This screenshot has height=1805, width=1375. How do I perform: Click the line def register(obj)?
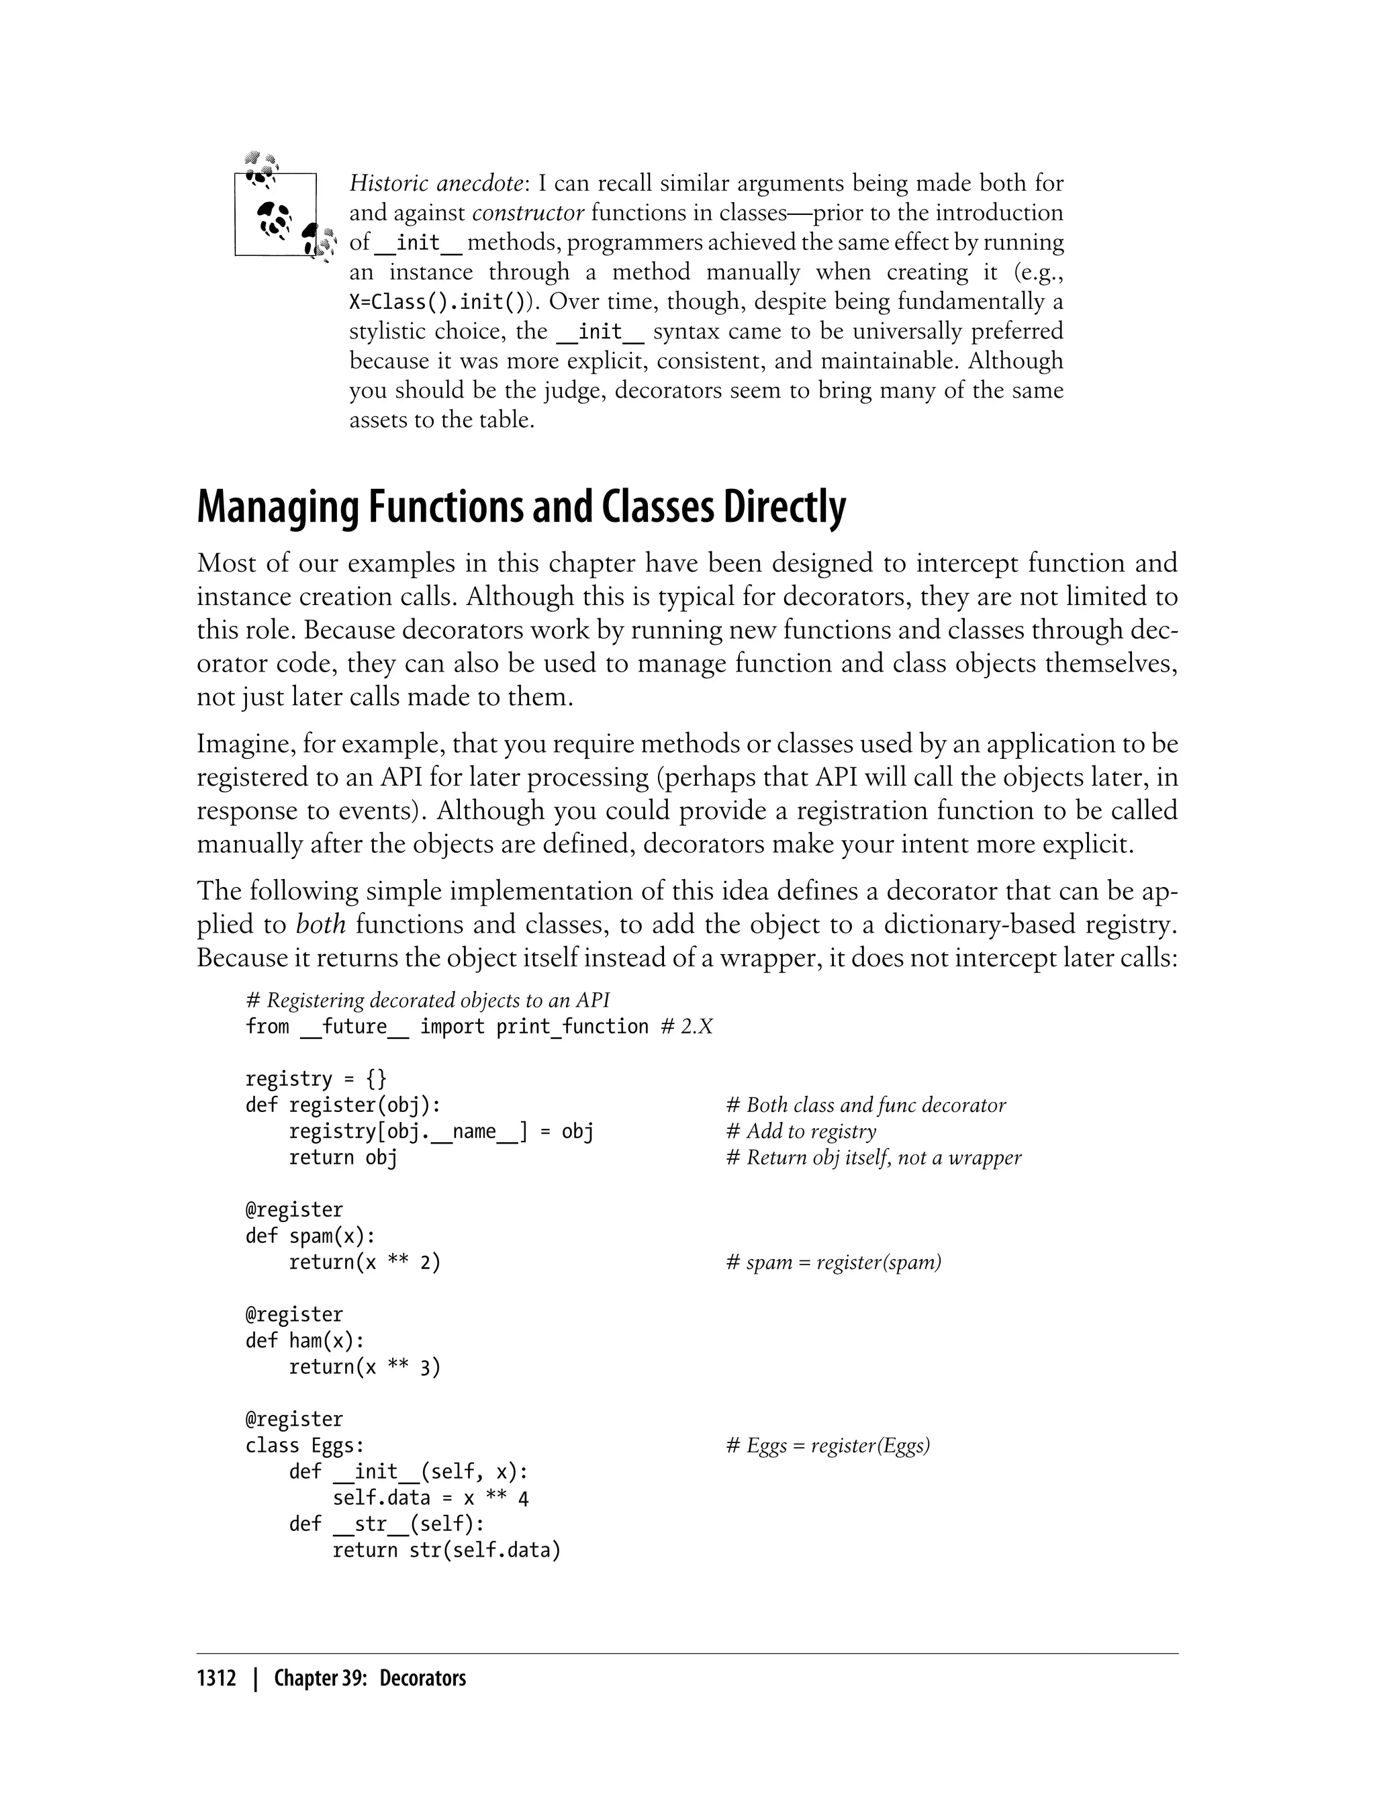pyautogui.click(x=343, y=1105)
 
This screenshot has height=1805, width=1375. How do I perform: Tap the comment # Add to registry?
pyautogui.click(x=800, y=1131)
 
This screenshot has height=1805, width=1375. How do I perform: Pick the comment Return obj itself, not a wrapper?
pyautogui.click(x=873, y=1158)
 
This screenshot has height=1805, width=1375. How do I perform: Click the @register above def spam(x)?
pyautogui.click(x=294, y=1210)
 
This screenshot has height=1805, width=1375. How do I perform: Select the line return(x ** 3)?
pyautogui.click(x=364, y=1367)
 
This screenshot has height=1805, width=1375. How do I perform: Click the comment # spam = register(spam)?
pyautogui.click(x=833, y=1262)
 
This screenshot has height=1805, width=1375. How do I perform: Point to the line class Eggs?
pyautogui.click(x=304, y=1446)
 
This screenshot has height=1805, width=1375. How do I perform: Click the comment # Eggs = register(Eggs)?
pyautogui.click(x=827, y=1446)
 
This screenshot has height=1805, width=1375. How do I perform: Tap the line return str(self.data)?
pyautogui.click(x=446, y=1551)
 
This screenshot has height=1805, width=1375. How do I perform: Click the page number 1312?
pyautogui.click(x=216, y=1679)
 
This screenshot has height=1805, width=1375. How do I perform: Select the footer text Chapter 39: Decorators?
pyautogui.click(x=369, y=1679)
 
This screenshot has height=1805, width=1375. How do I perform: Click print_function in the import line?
pyautogui.click(x=572, y=1027)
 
